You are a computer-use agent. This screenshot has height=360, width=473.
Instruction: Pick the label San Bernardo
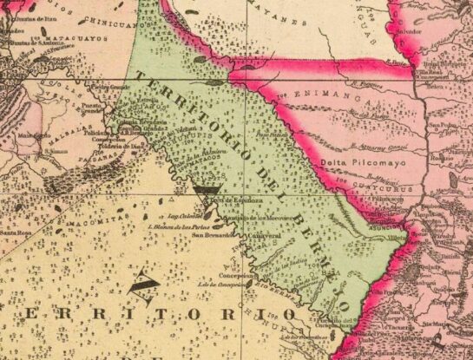212,234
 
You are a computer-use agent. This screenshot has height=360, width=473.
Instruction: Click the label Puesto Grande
110,87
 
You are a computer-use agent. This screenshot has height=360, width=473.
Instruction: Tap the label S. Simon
57,149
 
